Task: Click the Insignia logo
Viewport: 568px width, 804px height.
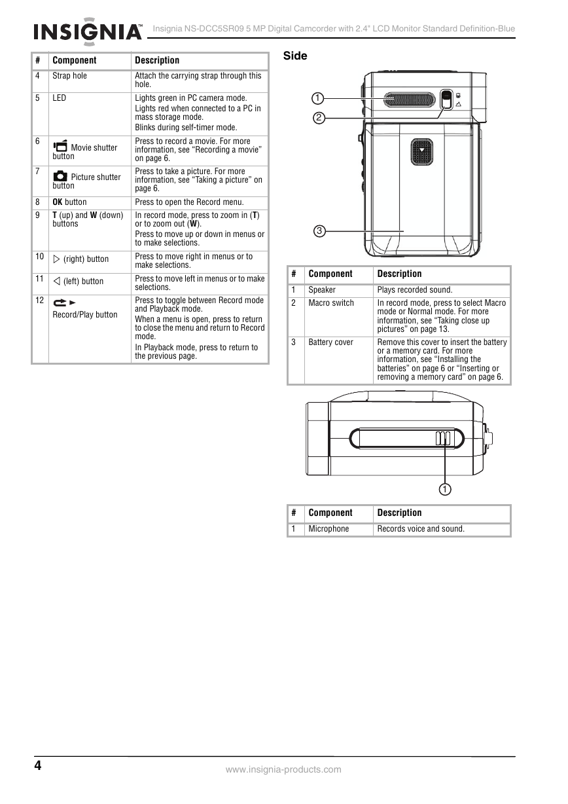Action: (x=88, y=31)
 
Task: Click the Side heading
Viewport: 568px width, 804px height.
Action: (x=295, y=56)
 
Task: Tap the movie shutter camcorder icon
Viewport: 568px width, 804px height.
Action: (x=60, y=146)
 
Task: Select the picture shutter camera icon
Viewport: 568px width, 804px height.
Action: (x=60, y=176)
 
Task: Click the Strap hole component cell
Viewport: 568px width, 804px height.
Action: (x=69, y=76)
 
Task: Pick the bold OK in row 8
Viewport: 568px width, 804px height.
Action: (x=58, y=202)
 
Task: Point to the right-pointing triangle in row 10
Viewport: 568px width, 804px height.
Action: (x=56, y=259)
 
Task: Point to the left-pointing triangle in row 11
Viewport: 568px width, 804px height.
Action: (x=56, y=281)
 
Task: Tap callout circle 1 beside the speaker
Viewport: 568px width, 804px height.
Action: (x=317, y=98)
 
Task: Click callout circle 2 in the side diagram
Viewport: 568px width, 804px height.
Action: (x=319, y=118)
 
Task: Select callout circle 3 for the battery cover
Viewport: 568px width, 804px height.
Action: (x=319, y=231)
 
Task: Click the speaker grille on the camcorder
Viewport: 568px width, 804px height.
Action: (x=409, y=100)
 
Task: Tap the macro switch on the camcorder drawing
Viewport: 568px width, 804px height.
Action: (x=446, y=100)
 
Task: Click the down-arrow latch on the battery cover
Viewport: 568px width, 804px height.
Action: (x=421, y=151)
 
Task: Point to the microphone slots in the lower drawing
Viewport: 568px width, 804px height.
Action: (x=443, y=438)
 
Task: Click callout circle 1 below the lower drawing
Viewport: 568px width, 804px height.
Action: (x=445, y=489)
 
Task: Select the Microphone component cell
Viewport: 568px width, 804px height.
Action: (x=328, y=529)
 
